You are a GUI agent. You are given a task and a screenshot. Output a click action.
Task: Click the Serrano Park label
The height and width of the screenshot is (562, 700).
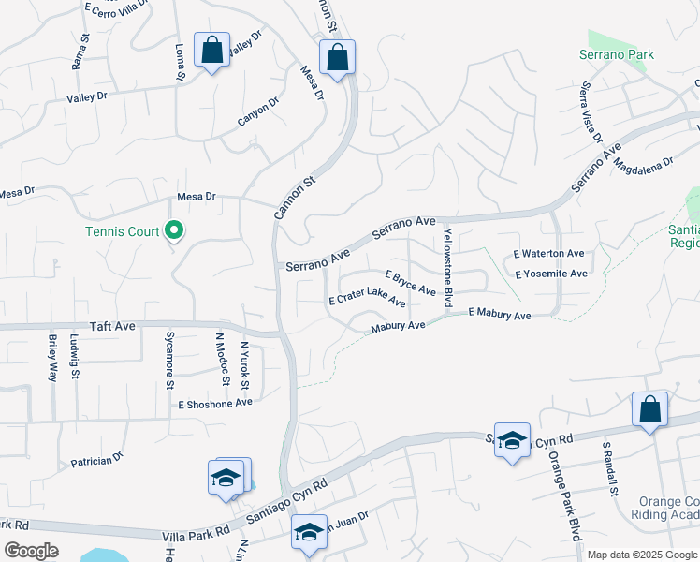pos(615,55)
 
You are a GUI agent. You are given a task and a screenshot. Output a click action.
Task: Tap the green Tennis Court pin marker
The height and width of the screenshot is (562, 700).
pos(173,229)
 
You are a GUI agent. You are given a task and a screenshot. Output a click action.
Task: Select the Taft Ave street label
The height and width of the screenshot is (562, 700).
pos(113,326)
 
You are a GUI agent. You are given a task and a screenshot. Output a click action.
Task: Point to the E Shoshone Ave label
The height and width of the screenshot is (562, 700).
pos(216,403)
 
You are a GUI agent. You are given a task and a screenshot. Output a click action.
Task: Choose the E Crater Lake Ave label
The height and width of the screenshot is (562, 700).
pos(367,302)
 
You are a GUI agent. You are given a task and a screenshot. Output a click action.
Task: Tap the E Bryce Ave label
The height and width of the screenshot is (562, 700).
pos(411,284)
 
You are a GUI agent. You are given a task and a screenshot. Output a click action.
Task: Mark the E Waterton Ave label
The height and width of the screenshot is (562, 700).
pos(549,254)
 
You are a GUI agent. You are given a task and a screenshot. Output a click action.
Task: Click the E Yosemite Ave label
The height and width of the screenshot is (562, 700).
pos(551,274)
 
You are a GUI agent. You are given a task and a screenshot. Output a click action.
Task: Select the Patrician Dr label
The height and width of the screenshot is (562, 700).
pos(97,461)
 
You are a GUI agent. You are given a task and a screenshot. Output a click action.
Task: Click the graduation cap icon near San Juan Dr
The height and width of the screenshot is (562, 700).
pos(309,531)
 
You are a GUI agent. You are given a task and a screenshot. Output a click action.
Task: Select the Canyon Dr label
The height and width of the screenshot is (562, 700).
pos(258,113)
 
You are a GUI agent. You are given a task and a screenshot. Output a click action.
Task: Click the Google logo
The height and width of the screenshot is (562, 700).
pos(31,551)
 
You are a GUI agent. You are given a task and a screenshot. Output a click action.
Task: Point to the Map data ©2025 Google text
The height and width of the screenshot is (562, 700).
pos(641,555)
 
